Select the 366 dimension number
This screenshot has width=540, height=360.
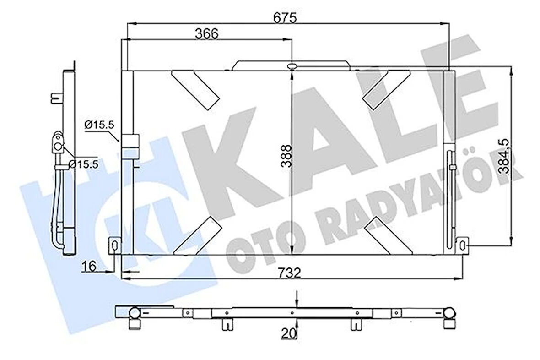[207, 34]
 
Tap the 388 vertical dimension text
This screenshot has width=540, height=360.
[286, 158]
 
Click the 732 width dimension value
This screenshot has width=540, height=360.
[289, 274]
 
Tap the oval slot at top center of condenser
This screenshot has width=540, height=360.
[292, 67]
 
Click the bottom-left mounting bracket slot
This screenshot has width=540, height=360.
[114, 243]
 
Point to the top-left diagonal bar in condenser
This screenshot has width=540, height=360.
[195, 89]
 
